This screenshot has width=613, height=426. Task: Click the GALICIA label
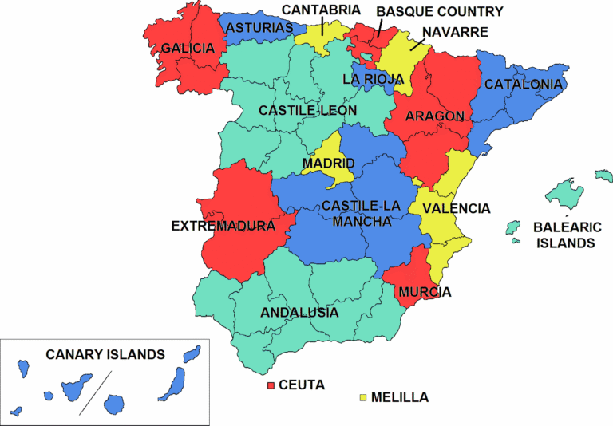point(188,49)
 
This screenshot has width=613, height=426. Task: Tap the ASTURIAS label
point(259,28)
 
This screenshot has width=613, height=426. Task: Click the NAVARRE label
point(455,32)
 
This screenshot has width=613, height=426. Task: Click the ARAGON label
point(434,116)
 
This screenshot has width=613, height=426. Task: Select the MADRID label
point(328,164)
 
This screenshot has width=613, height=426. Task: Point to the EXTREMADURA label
point(223,227)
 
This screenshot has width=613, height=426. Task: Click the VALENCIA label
point(457,208)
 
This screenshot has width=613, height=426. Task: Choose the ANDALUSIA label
point(299,312)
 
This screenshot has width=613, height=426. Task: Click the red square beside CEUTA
point(271,385)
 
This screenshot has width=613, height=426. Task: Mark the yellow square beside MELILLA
point(363,396)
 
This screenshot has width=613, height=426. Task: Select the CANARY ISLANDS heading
point(105,354)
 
